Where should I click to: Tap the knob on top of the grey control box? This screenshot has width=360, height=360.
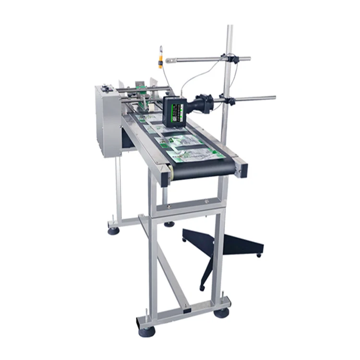[106, 87]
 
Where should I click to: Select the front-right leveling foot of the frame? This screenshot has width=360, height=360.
[221, 313]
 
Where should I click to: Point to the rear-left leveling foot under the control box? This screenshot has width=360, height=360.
[113, 231]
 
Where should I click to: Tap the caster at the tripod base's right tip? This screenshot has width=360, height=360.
[259, 255]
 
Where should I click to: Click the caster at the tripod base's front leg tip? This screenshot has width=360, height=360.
[202, 288]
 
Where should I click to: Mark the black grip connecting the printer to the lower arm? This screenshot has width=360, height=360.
[204, 102]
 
